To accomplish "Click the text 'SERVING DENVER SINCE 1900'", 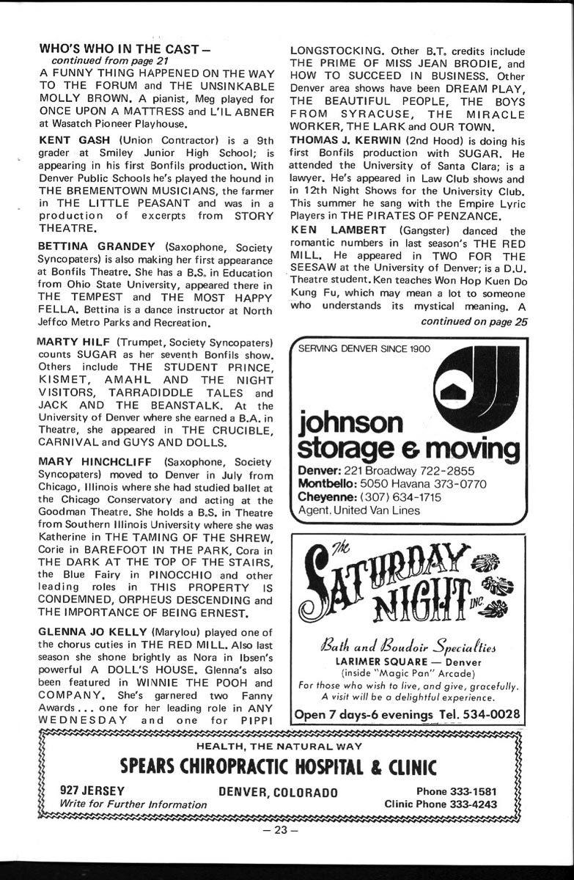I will click(364, 348).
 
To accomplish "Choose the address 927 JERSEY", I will click(93, 791).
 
